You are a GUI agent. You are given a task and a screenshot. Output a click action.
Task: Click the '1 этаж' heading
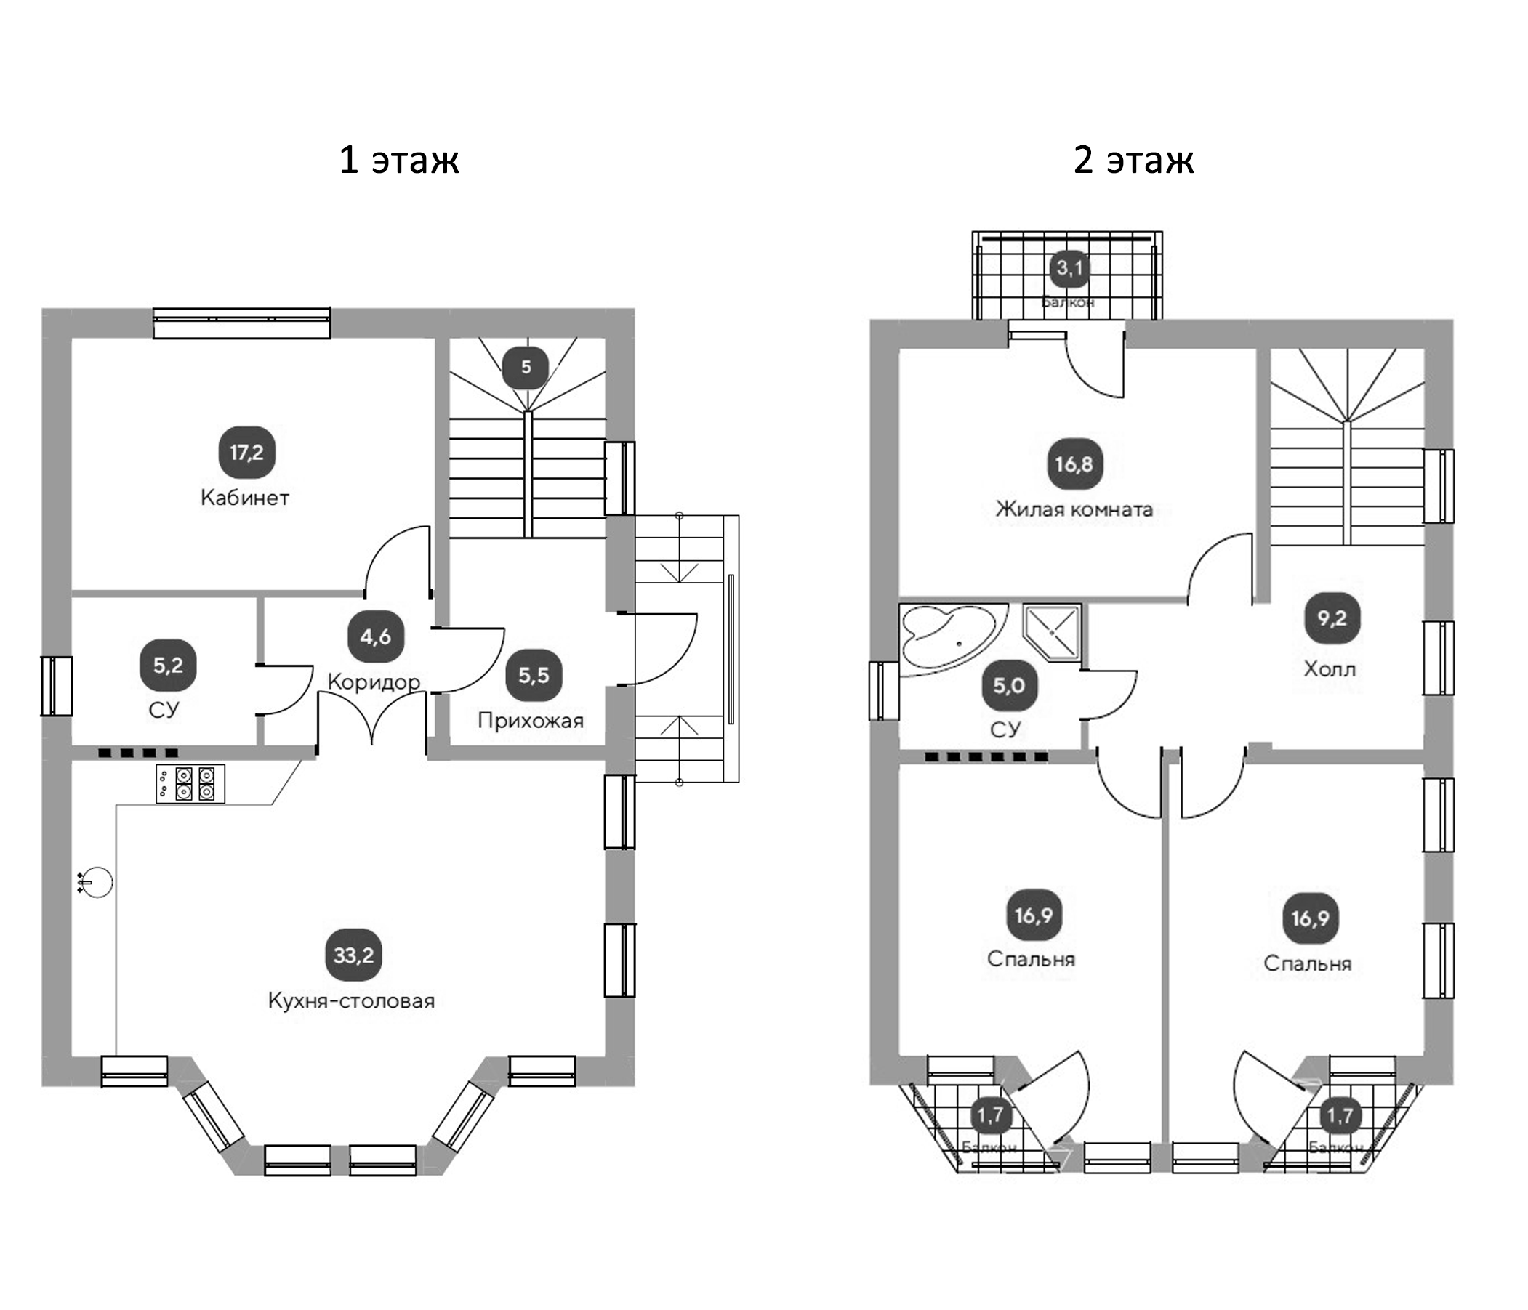398,160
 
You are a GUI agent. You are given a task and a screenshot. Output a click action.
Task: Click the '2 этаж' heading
1133,160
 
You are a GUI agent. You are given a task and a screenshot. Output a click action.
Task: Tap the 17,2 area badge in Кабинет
246,452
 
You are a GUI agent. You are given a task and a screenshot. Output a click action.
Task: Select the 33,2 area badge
353,955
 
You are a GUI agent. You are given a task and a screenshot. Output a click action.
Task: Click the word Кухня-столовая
351,1001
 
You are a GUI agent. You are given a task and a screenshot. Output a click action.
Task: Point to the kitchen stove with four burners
190,784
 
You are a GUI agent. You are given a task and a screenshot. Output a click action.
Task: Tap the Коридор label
373,682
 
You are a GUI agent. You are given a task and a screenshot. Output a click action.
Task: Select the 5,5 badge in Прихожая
534,674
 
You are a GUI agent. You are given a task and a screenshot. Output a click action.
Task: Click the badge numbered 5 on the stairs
525,367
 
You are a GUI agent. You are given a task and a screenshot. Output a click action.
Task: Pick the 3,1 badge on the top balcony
1069,268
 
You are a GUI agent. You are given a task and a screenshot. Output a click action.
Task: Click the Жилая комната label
1074,509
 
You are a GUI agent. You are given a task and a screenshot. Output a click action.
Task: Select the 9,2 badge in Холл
1332,618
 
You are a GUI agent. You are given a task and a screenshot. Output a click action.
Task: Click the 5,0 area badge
1008,686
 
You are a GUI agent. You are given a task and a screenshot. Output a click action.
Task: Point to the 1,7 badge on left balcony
989,1115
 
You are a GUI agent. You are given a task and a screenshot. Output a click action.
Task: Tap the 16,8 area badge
1074,464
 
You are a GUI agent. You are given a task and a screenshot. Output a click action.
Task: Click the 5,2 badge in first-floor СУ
167,666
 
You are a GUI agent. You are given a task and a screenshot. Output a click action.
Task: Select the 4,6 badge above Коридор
375,636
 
